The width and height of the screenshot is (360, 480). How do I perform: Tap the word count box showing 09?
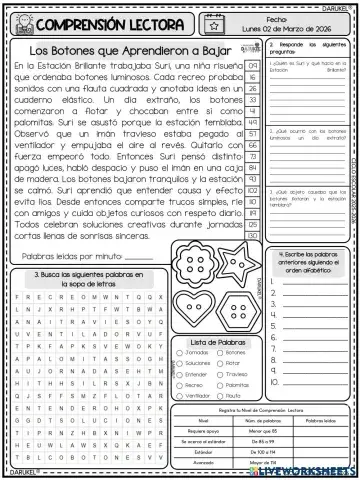coord(254,65)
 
